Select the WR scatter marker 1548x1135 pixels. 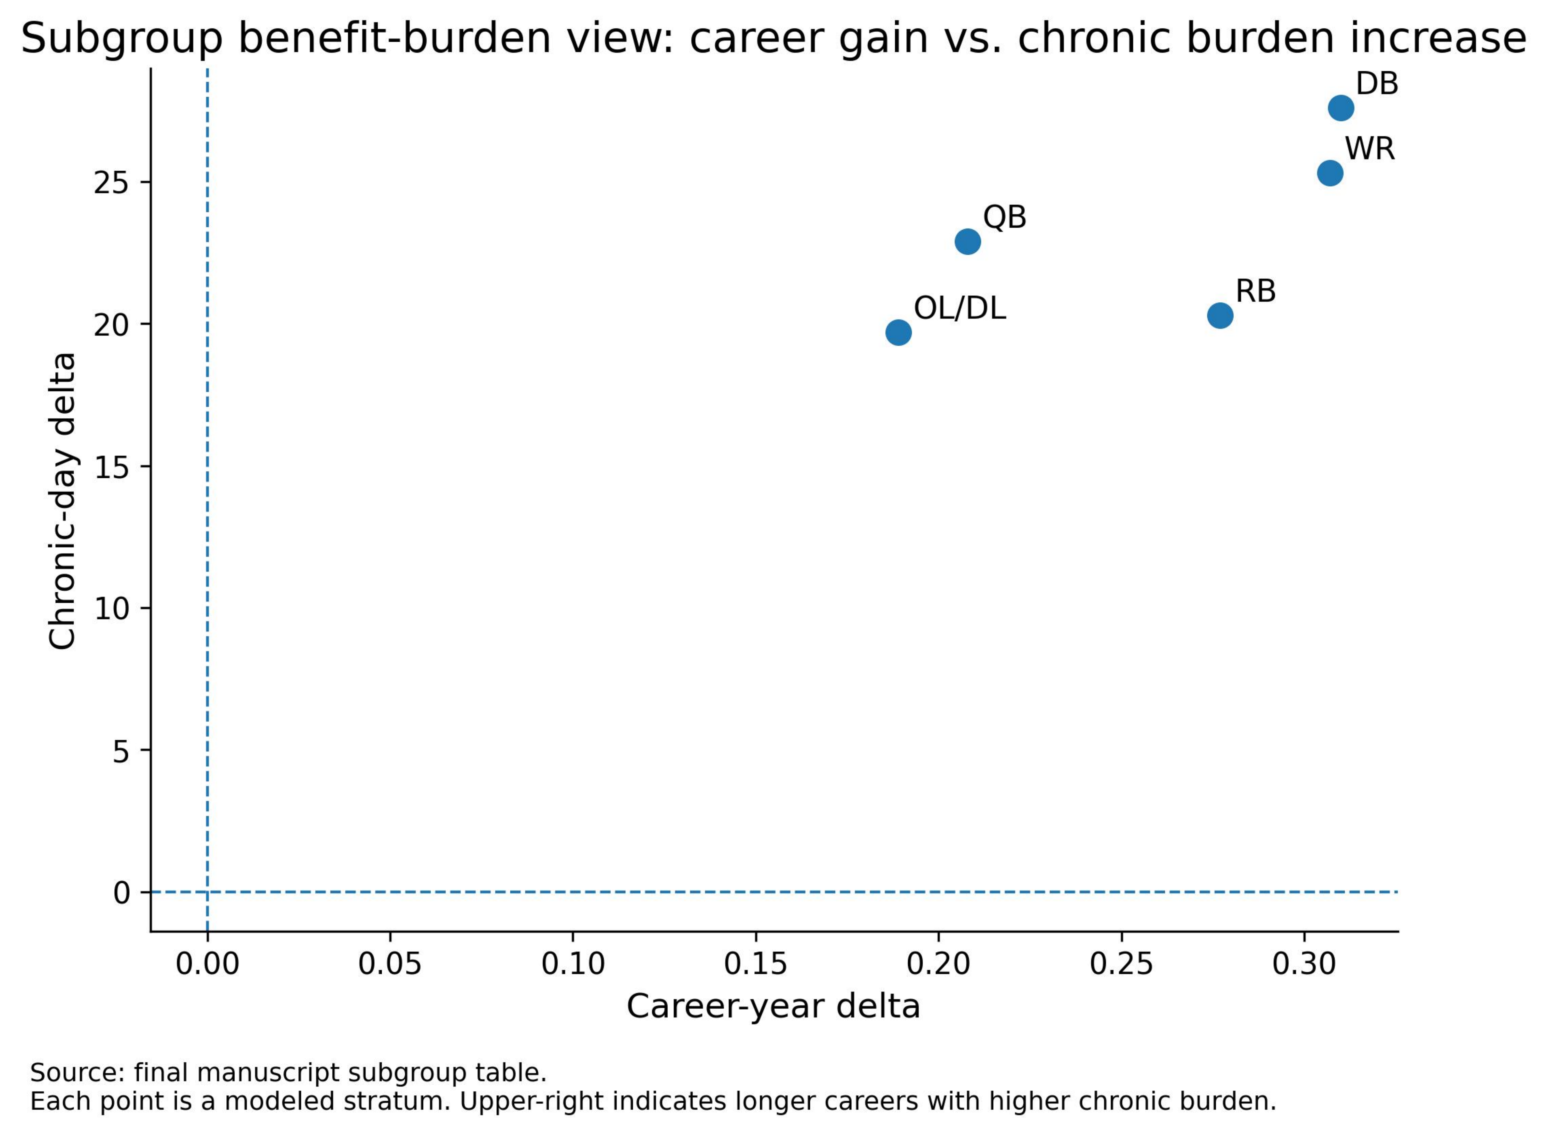click(x=1329, y=173)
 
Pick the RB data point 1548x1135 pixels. click(x=1220, y=315)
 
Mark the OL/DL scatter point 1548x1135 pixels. click(x=898, y=332)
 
